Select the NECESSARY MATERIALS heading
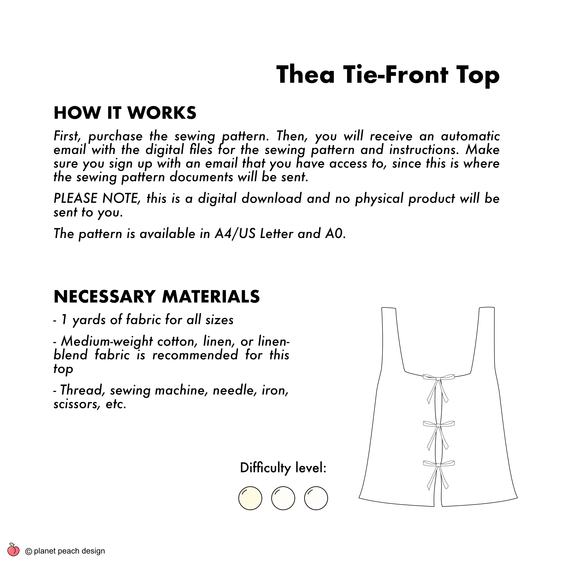click(x=156, y=297)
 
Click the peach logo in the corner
click(x=13, y=550)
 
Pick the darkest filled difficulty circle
click(x=250, y=498)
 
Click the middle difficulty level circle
click(x=283, y=498)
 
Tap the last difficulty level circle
click(x=316, y=498)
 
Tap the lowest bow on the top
click(x=438, y=464)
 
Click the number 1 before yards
click(x=64, y=320)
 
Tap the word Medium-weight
click(x=107, y=341)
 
